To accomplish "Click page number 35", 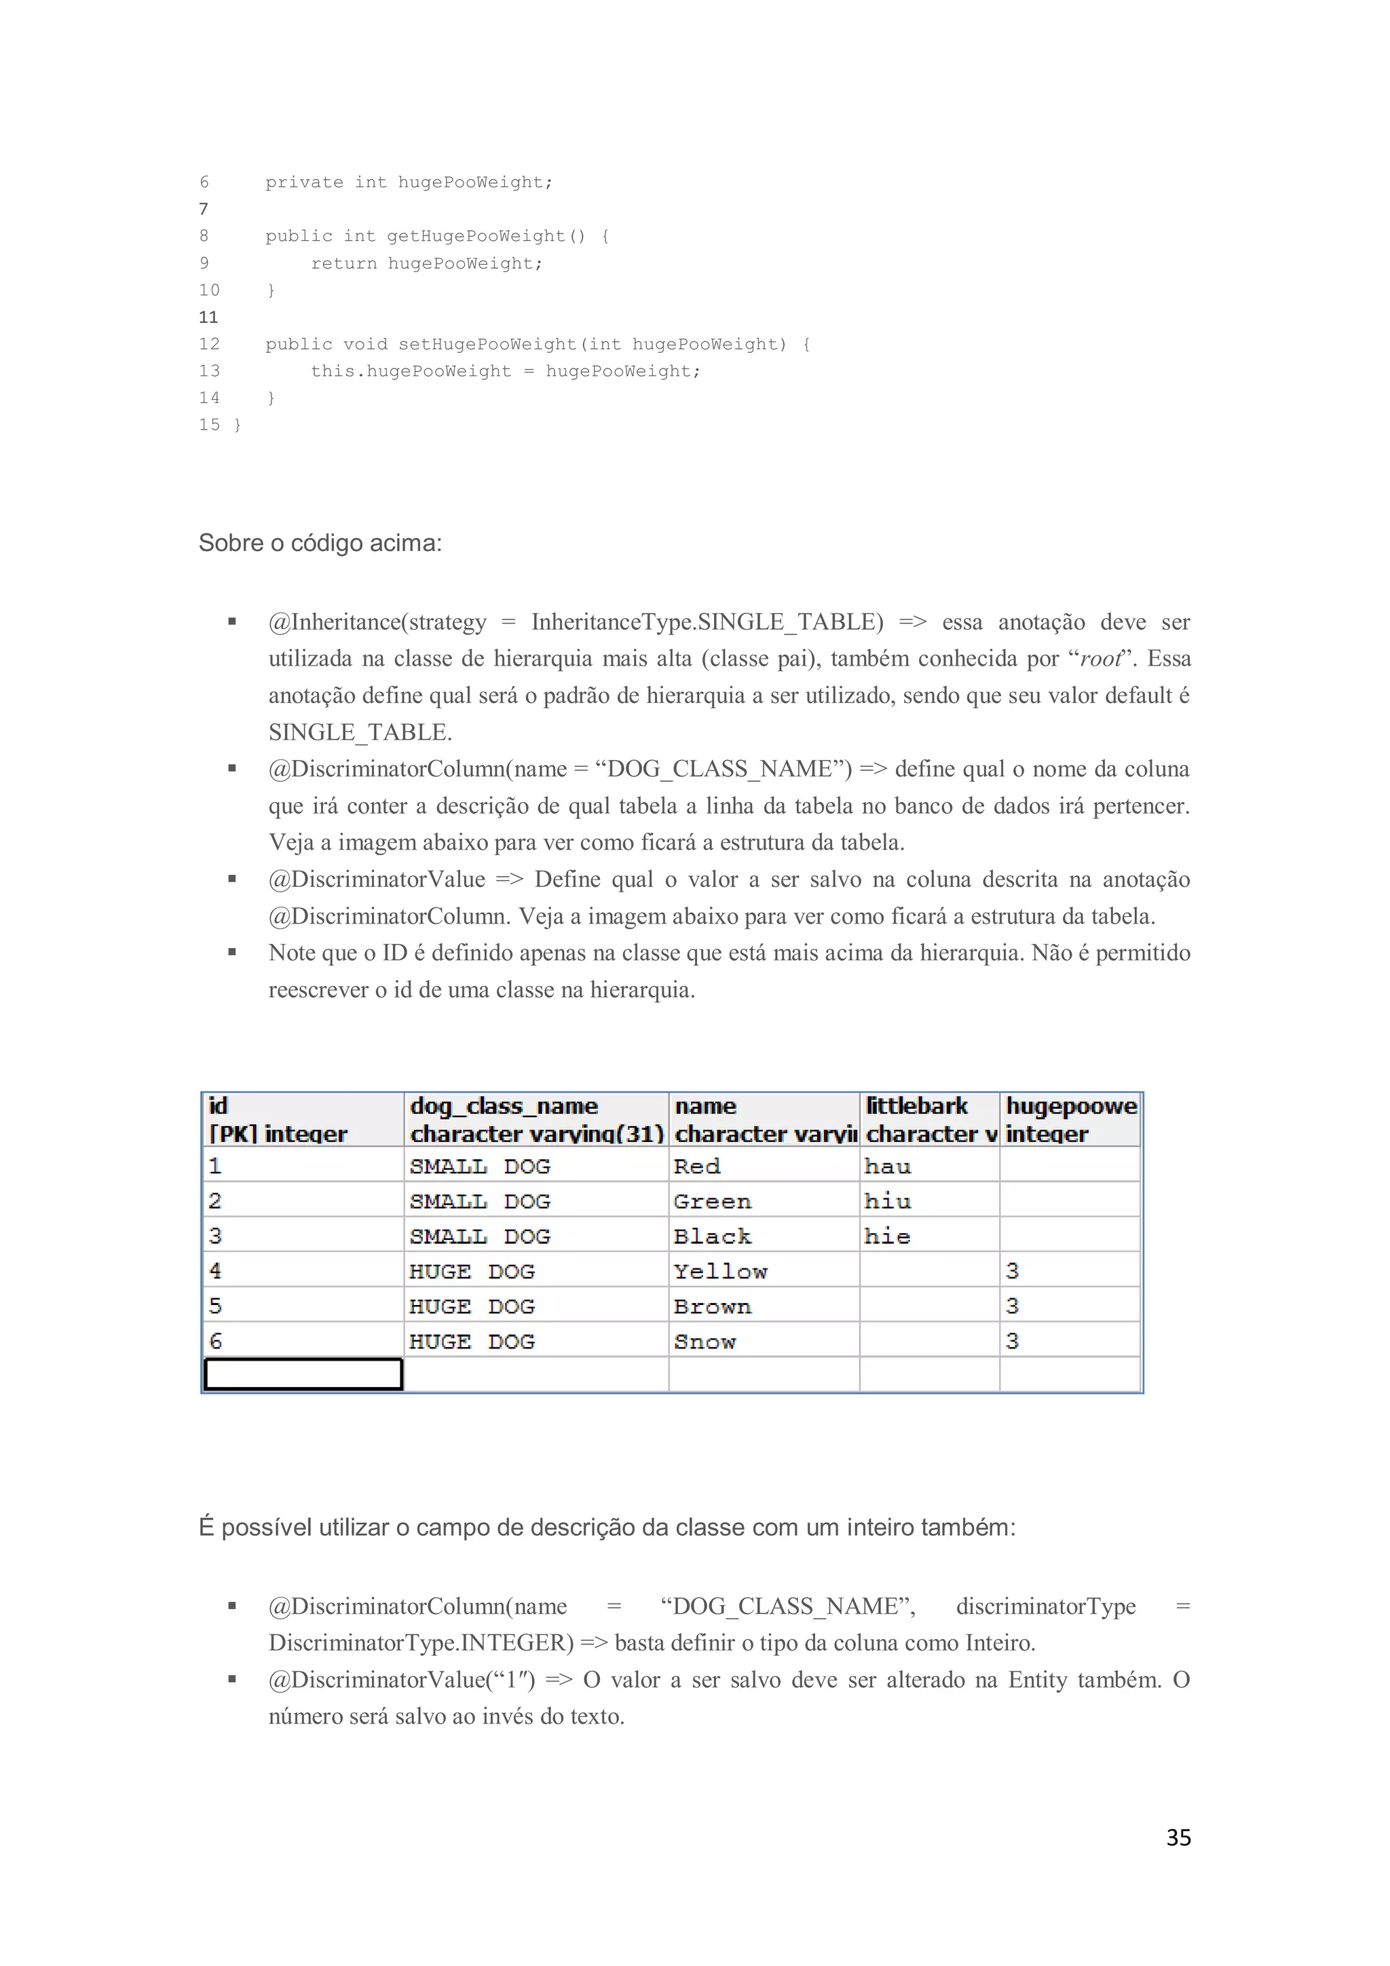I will click(x=1178, y=1836).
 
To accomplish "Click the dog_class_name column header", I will click(x=536, y=1119).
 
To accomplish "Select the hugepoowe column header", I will click(x=1070, y=1119).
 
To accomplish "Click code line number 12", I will click(x=209, y=344).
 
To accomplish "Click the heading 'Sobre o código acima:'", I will click(x=320, y=543).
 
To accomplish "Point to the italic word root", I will click(x=1100, y=658).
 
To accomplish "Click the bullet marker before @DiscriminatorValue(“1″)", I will click(x=232, y=1679).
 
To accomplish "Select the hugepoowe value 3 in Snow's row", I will click(x=1013, y=1342).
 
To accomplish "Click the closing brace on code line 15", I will click(x=238, y=426).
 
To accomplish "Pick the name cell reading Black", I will click(x=713, y=1236).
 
